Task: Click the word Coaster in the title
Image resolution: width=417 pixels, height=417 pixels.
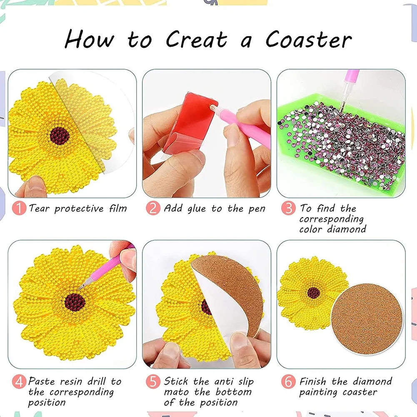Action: click(x=309, y=40)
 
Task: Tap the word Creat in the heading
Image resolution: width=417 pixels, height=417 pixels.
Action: click(x=196, y=40)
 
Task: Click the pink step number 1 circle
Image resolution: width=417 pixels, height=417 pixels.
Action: click(x=19, y=208)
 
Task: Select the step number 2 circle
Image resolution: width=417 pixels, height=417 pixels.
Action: click(x=153, y=208)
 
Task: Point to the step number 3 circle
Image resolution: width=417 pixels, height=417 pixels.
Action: click(x=288, y=208)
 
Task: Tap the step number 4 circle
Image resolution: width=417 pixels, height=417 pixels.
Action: click(x=19, y=381)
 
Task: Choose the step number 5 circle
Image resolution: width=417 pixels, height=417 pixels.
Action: click(x=153, y=381)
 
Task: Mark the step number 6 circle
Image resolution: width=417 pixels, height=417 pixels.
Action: click(x=288, y=381)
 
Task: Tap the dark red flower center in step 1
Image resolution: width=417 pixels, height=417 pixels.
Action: click(x=60, y=135)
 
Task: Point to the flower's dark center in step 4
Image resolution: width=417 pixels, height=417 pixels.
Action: click(x=75, y=302)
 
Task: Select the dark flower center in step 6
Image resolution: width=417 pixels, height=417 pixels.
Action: click(x=314, y=292)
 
